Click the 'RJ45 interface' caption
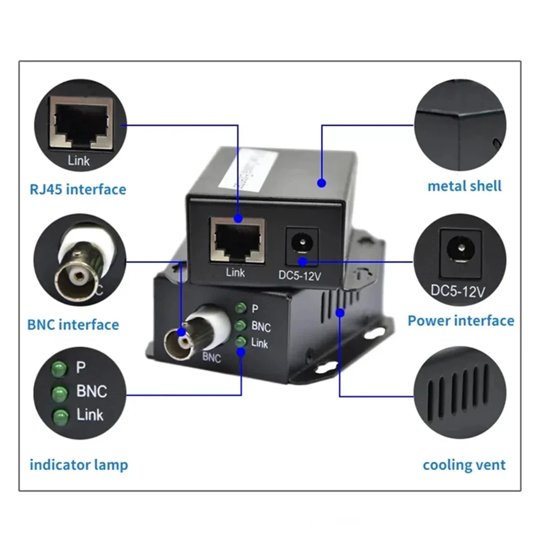78,189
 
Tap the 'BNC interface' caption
73,324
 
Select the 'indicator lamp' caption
79,464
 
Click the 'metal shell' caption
464,186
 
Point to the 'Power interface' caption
461,320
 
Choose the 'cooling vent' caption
464,464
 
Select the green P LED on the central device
241,308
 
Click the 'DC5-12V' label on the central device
300,275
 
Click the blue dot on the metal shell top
321,183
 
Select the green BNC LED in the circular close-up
59,393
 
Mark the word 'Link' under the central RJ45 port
235,272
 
